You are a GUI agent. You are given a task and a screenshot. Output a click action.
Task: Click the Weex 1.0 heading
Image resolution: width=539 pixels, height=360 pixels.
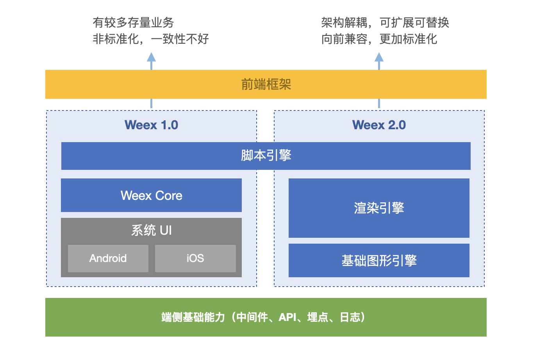pyautogui.click(x=151, y=125)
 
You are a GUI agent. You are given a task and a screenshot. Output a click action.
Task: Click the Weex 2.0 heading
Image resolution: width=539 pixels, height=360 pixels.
pyautogui.click(x=379, y=125)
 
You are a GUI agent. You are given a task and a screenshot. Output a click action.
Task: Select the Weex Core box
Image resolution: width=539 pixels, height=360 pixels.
pyautogui.click(x=151, y=195)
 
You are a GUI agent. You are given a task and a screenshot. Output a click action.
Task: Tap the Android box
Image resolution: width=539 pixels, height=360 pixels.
pyautogui.click(x=108, y=258)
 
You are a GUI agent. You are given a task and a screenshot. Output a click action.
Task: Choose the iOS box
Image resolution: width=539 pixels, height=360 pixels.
pyautogui.click(x=195, y=258)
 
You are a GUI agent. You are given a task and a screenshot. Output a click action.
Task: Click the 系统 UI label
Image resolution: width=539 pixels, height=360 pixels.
pyautogui.click(x=151, y=230)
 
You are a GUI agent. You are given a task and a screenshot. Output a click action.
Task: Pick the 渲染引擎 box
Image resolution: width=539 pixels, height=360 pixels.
pyautogui.click(x=379, y=208)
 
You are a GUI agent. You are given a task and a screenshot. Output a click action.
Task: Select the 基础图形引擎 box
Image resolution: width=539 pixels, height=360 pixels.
pyautogui.click(x=379, y=260)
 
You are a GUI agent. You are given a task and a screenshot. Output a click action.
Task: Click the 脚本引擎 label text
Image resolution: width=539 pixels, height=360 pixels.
pyautogui.click(x=266, y=155)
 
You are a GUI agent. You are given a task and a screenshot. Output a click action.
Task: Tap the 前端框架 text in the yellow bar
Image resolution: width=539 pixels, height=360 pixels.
pyautogui.click(x=266, y=84)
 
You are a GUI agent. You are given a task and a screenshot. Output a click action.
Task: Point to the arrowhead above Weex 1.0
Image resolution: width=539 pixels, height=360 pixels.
pyautogui.click(x=151, y=57)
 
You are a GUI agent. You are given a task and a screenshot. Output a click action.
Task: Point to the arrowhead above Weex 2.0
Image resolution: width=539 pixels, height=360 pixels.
pyautogui.click(x=379, y=57)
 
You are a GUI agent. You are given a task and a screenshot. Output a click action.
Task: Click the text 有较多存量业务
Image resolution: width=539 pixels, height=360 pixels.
pyautogui.click(x=133, y=23)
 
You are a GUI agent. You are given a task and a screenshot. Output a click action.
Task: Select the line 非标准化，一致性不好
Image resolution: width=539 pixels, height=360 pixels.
pyautogui.click(x=151, y=39)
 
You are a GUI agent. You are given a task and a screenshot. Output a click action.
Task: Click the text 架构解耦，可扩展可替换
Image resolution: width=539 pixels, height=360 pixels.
pyautogui.click(x=385, y=23)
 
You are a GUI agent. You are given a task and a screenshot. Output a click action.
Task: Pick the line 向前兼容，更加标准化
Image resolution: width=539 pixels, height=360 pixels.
pyautogui.click(x=379, y=39)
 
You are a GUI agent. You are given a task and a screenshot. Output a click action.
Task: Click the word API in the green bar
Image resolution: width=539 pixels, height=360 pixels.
pyautogui.click(x=287, y=317)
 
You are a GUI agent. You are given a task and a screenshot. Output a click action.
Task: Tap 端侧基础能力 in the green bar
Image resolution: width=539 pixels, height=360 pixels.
pyautogui.click(x=193, y=317)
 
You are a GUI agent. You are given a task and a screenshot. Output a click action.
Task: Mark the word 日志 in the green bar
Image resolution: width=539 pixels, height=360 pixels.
pyautogui.click(x=350, y=317)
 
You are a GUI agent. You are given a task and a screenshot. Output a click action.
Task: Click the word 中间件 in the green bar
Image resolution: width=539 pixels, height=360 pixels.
pyautogui.click(x=252, y=317)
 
